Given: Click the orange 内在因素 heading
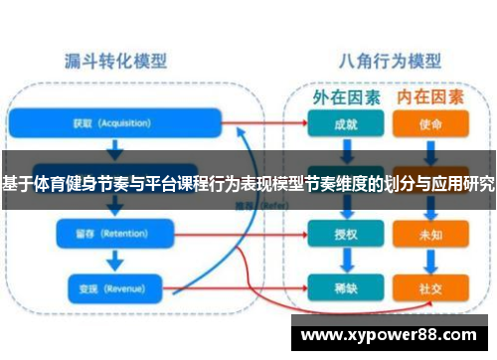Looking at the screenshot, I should click(429, 97).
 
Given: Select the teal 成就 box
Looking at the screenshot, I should click(345, 126).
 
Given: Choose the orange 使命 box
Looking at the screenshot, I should click(430, 126).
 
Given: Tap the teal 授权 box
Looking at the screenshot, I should click(345, 236).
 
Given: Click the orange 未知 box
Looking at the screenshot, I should click(430, 236).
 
